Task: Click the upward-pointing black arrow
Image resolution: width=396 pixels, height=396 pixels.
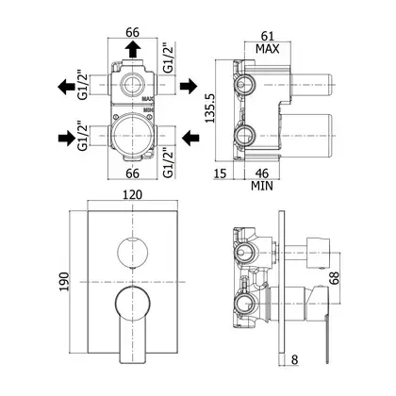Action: [x=132, y=50]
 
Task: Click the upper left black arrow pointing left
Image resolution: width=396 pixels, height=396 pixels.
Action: [x=66, y=87]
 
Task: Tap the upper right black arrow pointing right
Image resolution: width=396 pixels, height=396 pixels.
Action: [x=189, y=86]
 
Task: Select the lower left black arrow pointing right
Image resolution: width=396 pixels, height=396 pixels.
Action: [x=67, y=138]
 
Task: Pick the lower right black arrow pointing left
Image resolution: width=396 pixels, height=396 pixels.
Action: [x=190, y=138]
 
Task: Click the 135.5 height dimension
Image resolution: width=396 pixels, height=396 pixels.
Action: [x=209, y=107]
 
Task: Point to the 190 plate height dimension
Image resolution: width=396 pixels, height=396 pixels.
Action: [x=64, y=281]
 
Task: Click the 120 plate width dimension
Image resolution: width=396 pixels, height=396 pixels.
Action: [x=132, y=194]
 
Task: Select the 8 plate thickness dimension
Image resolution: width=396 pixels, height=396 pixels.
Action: [x=294, y=359]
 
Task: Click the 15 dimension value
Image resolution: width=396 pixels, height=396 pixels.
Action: [x=220, y=173]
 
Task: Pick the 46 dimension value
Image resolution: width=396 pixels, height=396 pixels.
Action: [x=261, y=173]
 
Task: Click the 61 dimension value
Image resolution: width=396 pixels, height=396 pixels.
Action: [x=268, y=36]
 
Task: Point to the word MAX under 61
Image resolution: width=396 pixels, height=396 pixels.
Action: [x=268, y=49]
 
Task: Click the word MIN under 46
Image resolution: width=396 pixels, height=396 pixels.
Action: [x=262, y=186]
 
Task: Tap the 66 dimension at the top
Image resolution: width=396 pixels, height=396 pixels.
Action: [x=132, y=32]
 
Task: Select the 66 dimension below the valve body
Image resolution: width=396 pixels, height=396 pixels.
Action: [x=132, y=173]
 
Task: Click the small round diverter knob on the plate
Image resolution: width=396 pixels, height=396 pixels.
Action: [x=132, y=253]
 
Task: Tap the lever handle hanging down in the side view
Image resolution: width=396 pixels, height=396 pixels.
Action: [x=327, y=339]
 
